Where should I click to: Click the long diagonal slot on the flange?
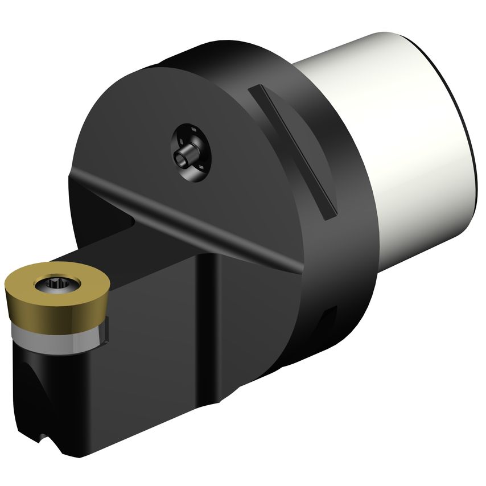coord(294,151)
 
